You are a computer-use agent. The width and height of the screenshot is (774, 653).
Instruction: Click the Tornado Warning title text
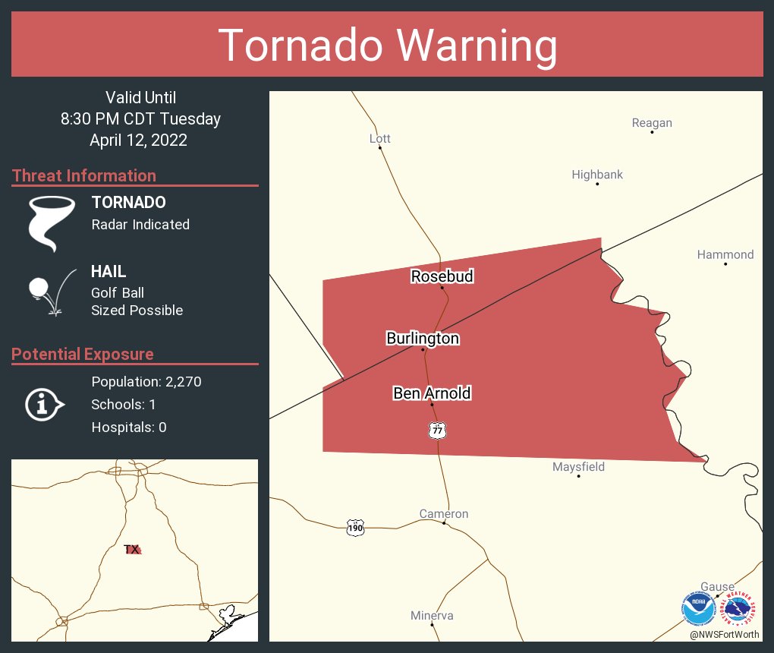(387, 45)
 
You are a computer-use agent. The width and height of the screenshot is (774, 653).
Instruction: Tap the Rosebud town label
(442, 276)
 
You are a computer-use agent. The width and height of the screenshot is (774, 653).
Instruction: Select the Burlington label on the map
(423, 339)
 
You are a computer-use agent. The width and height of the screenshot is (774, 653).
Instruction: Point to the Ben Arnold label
(432, 393)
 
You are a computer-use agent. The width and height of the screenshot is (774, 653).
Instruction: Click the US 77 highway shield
(437, 431)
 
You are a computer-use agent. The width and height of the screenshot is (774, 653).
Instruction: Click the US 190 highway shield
(355, 528)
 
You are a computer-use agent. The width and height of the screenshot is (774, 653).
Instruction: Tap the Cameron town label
(444, 514)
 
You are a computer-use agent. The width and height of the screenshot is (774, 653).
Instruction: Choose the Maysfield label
(578, 467)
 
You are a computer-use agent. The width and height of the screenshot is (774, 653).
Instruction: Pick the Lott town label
(379, 139)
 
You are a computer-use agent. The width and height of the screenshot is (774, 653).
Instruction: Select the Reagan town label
(652, 123)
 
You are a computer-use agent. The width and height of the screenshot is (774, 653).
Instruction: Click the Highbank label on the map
(597, 175)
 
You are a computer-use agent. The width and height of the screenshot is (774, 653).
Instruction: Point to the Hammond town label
(725, 254)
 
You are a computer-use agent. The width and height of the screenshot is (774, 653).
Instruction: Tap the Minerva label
(432, 616)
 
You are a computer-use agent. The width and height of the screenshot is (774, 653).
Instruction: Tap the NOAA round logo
(698, 609)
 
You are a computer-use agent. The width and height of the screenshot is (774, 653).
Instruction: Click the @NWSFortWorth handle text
(724, 634)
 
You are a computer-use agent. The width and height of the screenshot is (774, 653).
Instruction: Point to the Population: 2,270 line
(146, 382)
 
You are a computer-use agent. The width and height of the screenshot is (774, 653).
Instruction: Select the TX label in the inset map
(131, 549)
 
